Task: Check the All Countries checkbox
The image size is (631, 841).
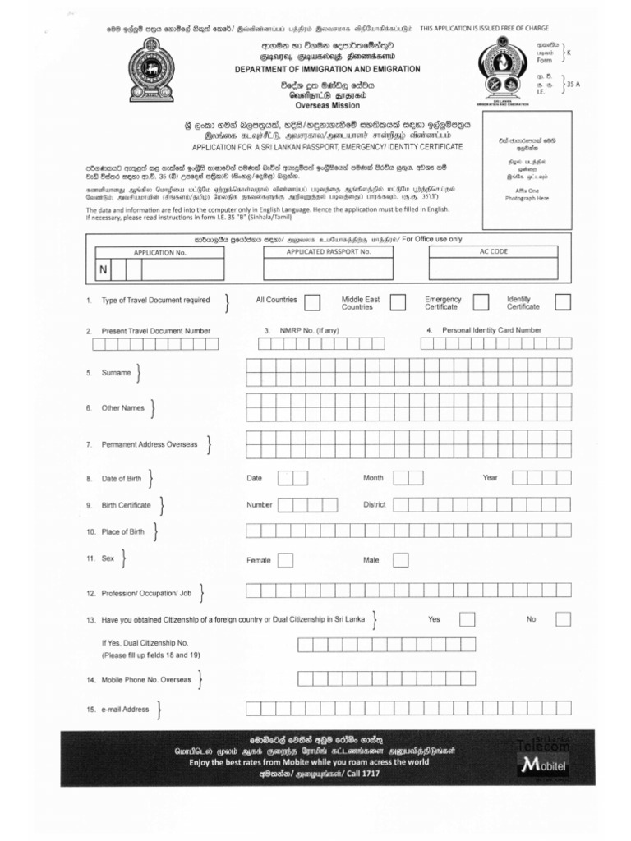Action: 312,303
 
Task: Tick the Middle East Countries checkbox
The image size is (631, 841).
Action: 398,303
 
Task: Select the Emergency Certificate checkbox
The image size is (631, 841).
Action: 480,303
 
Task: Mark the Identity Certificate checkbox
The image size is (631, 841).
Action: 563,303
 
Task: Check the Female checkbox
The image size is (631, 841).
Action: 285,560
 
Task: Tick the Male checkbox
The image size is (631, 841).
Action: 400,560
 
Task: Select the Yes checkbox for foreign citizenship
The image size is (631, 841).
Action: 467,620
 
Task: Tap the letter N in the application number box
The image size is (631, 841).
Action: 104,270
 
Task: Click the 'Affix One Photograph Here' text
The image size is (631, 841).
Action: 526,194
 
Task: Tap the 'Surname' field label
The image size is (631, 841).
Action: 116,373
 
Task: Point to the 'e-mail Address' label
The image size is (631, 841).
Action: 124,709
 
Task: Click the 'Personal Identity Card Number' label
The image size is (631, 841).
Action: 491,330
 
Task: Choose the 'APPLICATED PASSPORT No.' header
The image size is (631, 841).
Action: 329,251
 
